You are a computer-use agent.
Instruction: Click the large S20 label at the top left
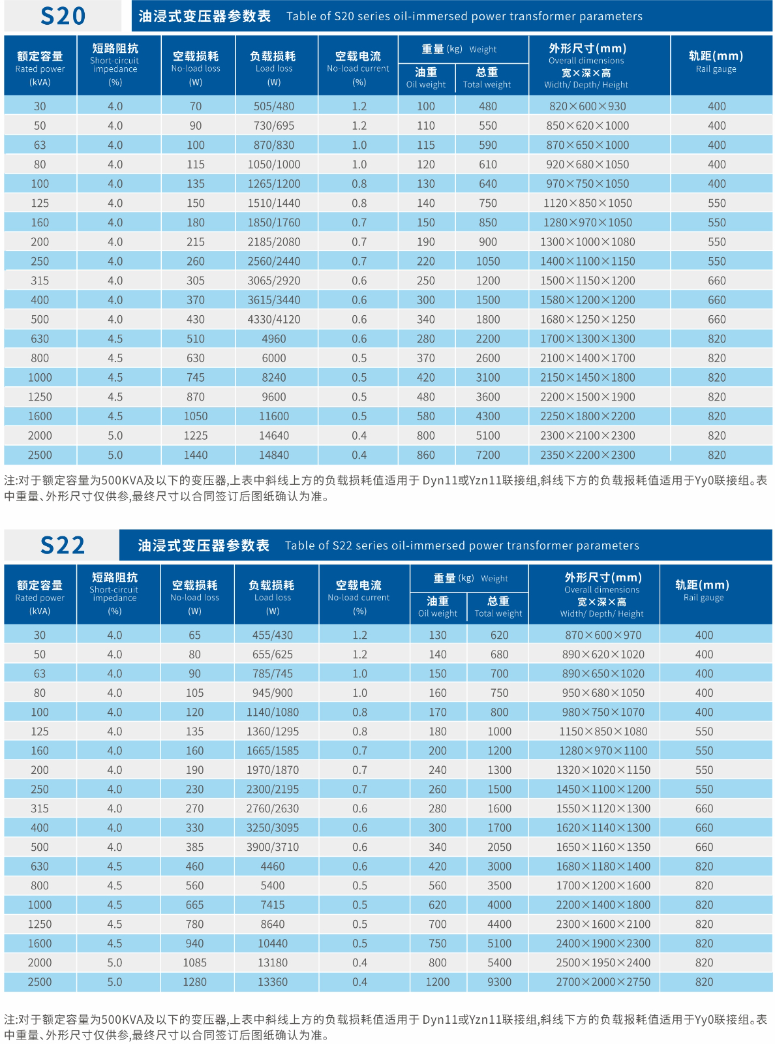pos(63,16)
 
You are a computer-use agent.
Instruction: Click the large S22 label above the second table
pos(63,545)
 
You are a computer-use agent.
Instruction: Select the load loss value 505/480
pos(273,106)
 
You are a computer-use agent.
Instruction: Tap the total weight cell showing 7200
pos(487,455)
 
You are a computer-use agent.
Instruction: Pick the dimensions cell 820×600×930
pos(587,106)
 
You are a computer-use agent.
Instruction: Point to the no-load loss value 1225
pos(195,435)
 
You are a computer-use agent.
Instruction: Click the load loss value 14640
pos(273,435)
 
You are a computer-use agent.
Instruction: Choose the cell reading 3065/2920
pos(273,281)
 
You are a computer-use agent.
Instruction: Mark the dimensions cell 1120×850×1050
pos(587,203)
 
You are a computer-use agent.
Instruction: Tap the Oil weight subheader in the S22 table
pos(437,613)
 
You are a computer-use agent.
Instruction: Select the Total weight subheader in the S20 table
pos(487,84)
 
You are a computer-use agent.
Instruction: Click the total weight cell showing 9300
pos(499,981)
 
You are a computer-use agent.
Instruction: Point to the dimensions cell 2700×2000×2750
pos(603,981)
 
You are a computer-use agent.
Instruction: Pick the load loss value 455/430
pos(272,634)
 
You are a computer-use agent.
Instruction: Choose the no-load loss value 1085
pos(194,962)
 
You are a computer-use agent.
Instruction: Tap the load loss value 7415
pos(272,904)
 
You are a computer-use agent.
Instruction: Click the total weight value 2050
pos(499,846)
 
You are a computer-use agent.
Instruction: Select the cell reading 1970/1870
pos(272,769)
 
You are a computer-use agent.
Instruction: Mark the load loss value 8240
pos(273,378)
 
